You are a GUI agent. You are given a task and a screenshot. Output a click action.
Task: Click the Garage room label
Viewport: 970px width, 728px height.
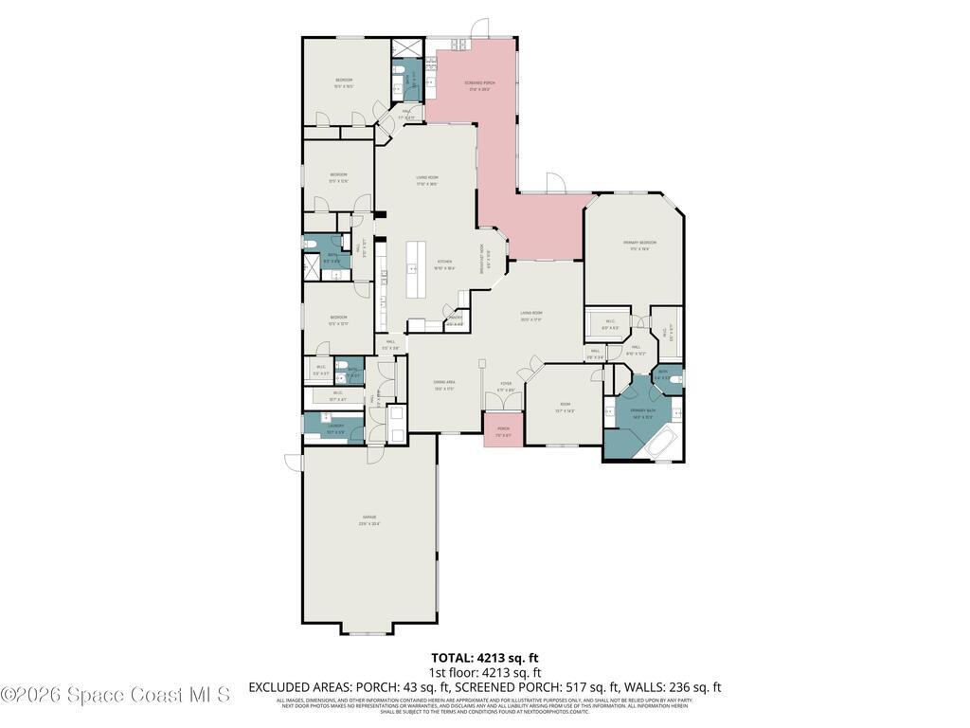pyautogui.click(x=368, y=518)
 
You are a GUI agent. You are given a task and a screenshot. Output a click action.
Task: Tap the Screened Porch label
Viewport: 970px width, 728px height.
pyautogui.click(x=479, y=83)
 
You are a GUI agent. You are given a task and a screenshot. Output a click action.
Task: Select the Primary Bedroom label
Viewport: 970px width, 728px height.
pyautogui.click(x=639, y=243)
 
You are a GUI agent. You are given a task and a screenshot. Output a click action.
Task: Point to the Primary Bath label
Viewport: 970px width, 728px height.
pyautogui.click(x=643, y=410)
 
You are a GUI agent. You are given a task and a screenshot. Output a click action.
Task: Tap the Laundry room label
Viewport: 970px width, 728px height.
pyautogui.click(x=334, y=427)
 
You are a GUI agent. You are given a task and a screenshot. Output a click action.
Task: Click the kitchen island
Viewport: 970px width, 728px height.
pyautogui.click(x=414, y=270)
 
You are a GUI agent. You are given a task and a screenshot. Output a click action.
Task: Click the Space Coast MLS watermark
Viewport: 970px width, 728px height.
pyautogui.click(x=115, y=695)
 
